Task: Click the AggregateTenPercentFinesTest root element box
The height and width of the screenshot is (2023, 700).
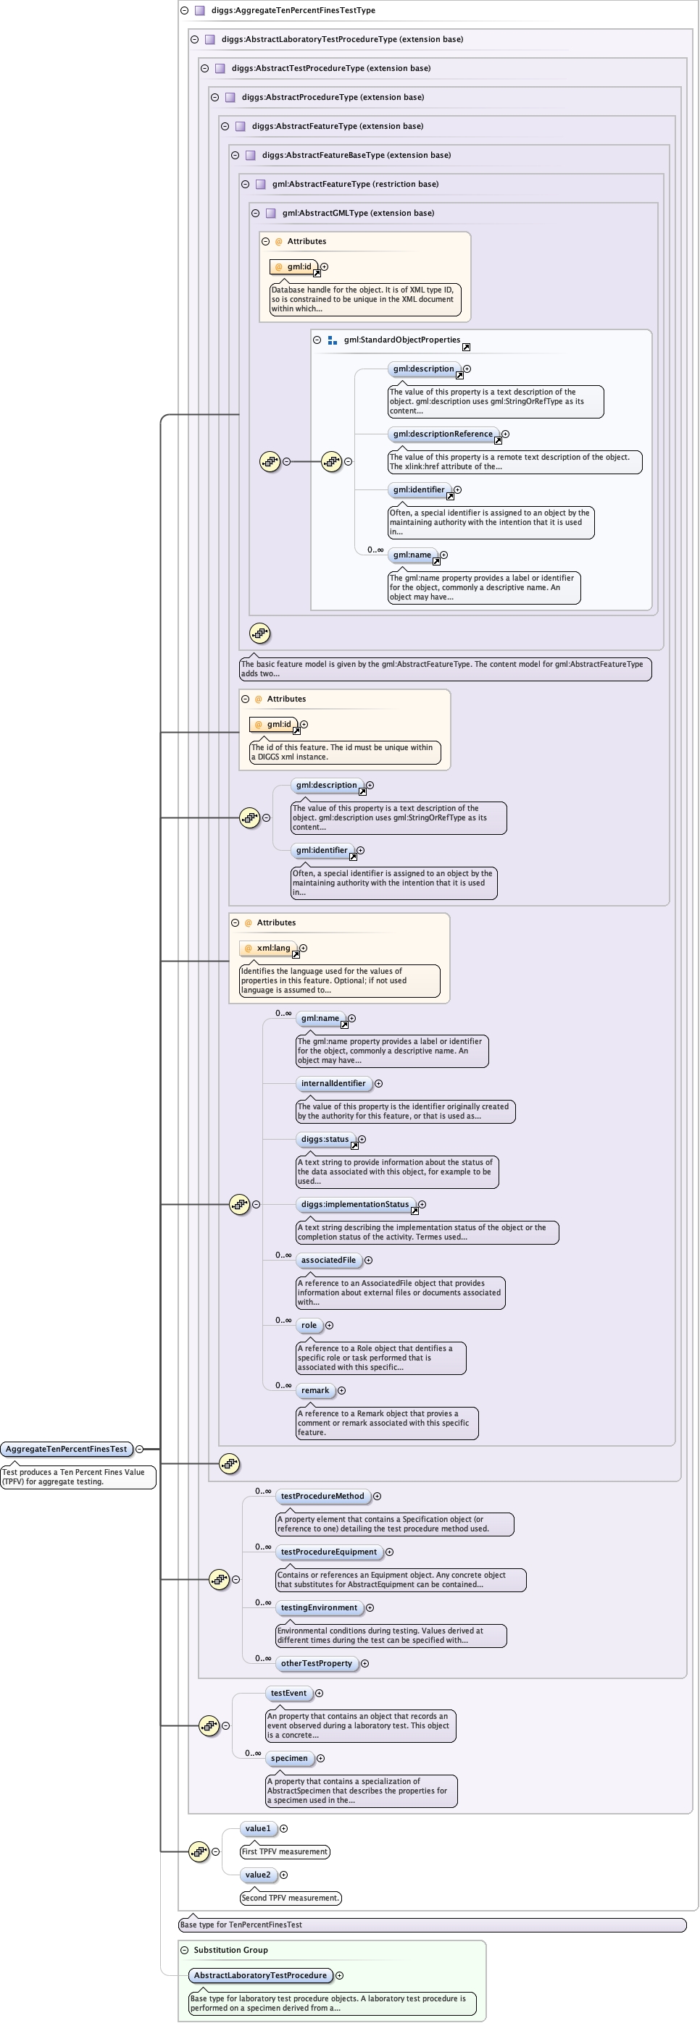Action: (66, 1449)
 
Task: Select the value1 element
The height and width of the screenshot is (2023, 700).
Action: (258, 1828)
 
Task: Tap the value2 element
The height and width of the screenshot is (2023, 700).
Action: (258, 1875)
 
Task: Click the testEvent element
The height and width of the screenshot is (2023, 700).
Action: (288, 1693)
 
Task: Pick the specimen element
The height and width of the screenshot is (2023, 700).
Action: (289, 1758)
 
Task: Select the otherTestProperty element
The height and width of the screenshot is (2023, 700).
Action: (317, 1663)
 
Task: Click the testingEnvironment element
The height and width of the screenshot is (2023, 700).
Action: (319, 1607)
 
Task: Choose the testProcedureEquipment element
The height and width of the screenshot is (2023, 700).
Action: (328, 1552)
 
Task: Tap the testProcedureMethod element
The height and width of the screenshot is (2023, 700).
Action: (322, 1496)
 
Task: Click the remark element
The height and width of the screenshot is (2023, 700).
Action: (315, 1390)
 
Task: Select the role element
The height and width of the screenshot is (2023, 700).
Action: (309, 1325)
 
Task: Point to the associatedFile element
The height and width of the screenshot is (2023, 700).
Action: (328, 1260)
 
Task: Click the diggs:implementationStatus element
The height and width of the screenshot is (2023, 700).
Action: (355, 1204)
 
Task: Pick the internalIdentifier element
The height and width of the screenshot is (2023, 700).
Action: (333, 1083)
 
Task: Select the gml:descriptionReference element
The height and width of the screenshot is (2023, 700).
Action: (443, 434)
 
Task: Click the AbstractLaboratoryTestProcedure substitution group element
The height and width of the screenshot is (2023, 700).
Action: (260, 1975)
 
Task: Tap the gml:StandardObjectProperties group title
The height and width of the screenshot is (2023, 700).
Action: (401, 340)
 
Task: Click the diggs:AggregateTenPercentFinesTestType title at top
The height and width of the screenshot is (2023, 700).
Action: (293, 10)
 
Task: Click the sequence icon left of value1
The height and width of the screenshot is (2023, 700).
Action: (199, 1852)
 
